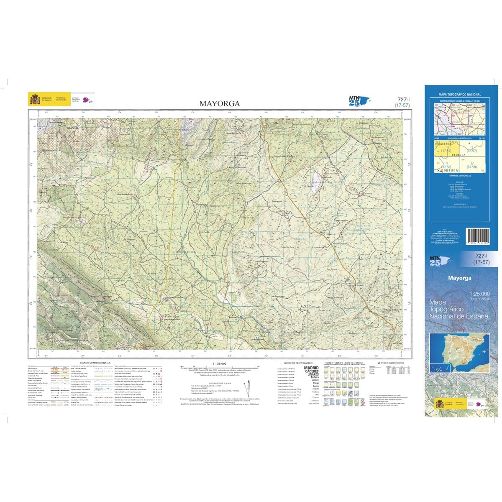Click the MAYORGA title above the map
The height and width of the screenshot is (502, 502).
(x=220, y=103)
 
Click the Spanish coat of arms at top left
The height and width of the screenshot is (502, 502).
(x=34, y=100)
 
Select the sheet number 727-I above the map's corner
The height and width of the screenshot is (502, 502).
(x=403, y=99)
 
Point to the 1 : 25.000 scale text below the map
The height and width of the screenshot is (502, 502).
(x=219, y=364)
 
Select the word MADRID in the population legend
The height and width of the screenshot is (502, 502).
(x=311, y=368)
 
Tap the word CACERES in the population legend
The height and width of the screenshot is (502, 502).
(x=311, y=371)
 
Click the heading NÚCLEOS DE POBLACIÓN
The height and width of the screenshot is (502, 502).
(x=298, y=363)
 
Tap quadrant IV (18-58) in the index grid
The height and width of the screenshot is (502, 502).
(x=473, y=165)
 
